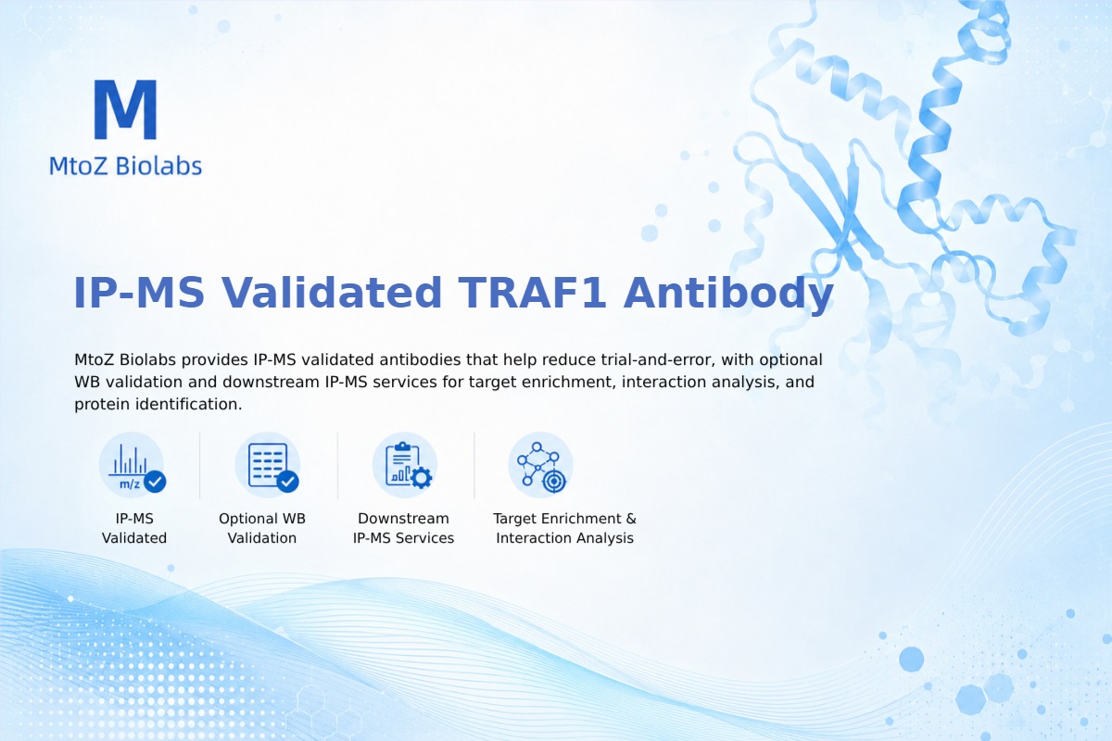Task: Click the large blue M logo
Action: pyautogui.click(x=126, y=109)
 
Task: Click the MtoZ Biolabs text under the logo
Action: pyautogui.click(x=126, y=166)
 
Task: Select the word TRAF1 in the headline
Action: pyautogui.click(x=532, y=293)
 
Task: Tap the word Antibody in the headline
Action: pyautogui.click(x=728, y=294)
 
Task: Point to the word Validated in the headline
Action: pyautogui.click(x=331, y=293)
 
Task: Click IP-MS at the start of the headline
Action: pyautogui.click(x=138, y=293)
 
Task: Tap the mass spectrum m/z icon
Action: pyautogui.click(x=132, y=465)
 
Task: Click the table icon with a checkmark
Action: pyautogui.click(x=268, y=465)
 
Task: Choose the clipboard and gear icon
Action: pyautogui.click(x=405, y=465)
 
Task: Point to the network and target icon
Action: pyautogui.click(x=540, y=465)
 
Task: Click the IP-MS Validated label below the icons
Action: pyautogui.click(x=134, y=528)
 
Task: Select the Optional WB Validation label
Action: pyautogui.click(x=262, y=528)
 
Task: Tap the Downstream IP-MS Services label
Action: pyautogui.click(x=404, y=528)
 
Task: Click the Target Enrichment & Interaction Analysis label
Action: pyautogui.click(x=565, y=528)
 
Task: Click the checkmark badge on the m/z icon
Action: pyautogui.click(x=155, y=481)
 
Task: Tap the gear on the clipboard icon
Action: pyautogui.click(x=422, y=478)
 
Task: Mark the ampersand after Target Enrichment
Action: pyautogui.click(x=631, y=519)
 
